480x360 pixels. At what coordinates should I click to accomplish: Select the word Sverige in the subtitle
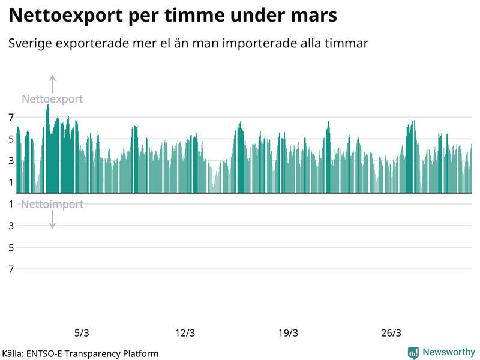pyautogui.click(x=29, y=44)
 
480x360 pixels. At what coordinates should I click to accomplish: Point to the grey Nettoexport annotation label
pyautogui.click(x=52, y=99)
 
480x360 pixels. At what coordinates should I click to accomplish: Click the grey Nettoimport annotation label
pyautogui.click(x=52, y=205)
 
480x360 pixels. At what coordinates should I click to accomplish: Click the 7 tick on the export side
pyautogui.click(x=11, y=117)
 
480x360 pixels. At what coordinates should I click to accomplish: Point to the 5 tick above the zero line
pyautogui.click(x=11, y=139)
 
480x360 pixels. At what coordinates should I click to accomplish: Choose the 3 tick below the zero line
pyautogui.click(x=11, y=226)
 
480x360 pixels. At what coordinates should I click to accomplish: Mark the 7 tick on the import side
pyautogui.click(x=11, y=269)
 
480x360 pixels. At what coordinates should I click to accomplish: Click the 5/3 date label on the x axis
pyautogui.click(x=82, y=333)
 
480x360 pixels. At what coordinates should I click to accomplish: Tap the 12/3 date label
pyautogui.click(x=185, y=333)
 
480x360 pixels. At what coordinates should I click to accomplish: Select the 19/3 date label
pyautogui.click(x=288, y=333)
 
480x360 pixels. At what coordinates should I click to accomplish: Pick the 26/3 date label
pyautogui.click(x=391, y=333)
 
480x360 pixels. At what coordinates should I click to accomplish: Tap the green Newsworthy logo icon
pyautogui.click(x=413, y=353)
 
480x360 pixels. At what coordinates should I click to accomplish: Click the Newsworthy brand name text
pyautogui.click(x=449, y=353)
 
